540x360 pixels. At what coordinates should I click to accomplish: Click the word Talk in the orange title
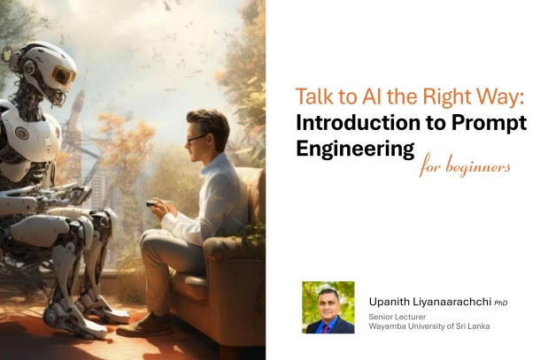point(312,97)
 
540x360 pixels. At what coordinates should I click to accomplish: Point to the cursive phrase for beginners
point(465,165)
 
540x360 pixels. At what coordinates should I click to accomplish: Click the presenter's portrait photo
point(328,307)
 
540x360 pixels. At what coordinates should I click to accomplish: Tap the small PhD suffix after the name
point(501,303)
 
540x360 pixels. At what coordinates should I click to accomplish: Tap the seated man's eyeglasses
point(196,138)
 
